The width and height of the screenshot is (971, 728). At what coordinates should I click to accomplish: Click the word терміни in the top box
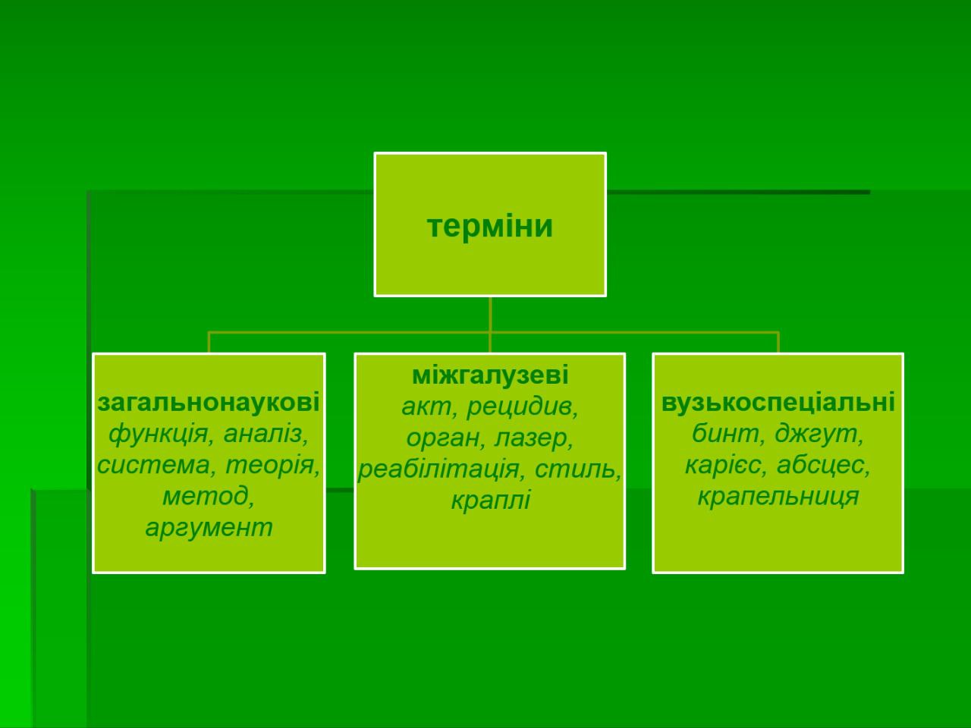(x=490, y=226)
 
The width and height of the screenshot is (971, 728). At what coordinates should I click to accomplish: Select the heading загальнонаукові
(x=209, y=403)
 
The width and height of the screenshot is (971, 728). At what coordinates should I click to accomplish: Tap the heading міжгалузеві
(x=490, y=375)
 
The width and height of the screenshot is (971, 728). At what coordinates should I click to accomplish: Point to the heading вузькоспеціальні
(x=778, y=403)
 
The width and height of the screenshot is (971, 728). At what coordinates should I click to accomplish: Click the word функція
(x=159, y=434)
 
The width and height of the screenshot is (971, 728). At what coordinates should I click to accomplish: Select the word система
(x=152, y=465)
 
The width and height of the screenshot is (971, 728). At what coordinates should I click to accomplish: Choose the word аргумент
(x=209, y=528)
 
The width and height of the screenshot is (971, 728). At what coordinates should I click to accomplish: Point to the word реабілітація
(x=438, y=469)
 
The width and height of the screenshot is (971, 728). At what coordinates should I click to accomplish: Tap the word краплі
(x=490, y=500)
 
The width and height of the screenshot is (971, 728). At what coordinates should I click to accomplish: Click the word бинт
(x=724, y=434)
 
